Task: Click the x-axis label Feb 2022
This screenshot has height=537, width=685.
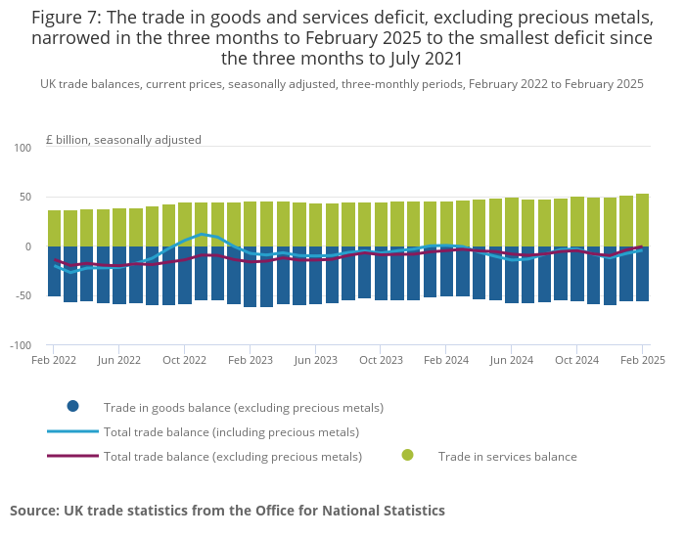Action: coord(54,360)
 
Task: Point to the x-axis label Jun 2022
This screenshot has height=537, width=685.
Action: coord(119,360)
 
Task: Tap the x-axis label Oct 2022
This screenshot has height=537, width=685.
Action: coord(185,360)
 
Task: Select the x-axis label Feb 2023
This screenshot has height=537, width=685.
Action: coord(251,360)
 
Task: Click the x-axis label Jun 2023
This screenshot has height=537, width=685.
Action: coord(315,360)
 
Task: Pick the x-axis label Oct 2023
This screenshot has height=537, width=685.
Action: coord(381,360)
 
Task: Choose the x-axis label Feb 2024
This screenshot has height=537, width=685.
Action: coord(446,360)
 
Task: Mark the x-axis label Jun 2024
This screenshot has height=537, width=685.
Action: coord(511,360)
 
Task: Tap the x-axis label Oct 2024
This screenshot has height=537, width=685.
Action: coord(576,360)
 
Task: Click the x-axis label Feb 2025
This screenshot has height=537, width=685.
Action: coord(642,360)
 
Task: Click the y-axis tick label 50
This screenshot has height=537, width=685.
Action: coord(26,198)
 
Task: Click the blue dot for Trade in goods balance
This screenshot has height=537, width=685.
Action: coord(72,406)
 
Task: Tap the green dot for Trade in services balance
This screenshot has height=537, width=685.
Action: coord(407,455)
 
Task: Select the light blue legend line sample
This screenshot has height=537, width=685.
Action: coord(72,431)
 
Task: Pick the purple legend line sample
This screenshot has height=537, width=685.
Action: coord(72,456)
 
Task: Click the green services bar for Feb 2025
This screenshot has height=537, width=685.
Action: coord(642,220)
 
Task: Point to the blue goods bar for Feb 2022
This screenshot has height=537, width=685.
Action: coord(54,271)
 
